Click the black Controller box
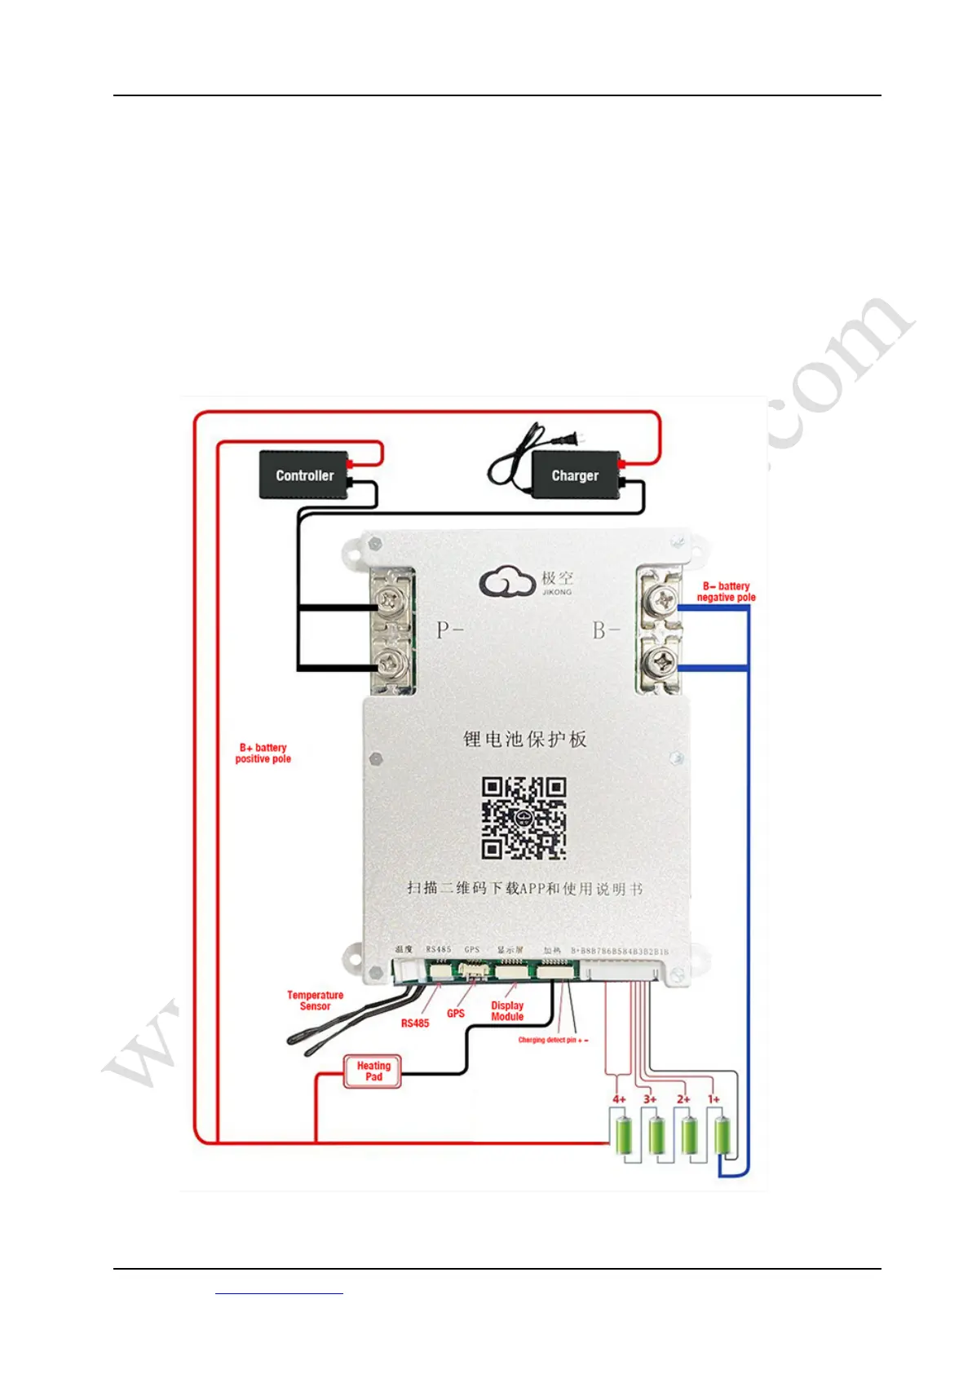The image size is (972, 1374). pyautogui.click(x=304, y=475)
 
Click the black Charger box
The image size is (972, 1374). pyautogui.click(x=575, y=475)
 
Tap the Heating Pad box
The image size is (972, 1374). pyautogui.click(x=373, y=1071)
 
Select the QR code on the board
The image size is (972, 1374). pyautogui.click(x=524, y=818)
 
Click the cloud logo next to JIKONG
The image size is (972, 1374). pyautogui.click(x=506, y=582)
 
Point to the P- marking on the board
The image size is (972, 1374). pyautogui.click(x=449, y=630)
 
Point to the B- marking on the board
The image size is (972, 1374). pyautogui.click(x=606, y=630)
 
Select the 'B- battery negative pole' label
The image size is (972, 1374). pyautogui.click(x=726, y=591)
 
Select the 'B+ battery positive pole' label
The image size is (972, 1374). pyautogui.click(x=263, y=753)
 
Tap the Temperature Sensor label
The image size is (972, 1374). pyautogui.click(x=315, y=1001)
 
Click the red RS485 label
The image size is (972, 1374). pyautogui.click(x=415, y=1023)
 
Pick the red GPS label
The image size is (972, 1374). pyautogui.click(x=456, y=1014)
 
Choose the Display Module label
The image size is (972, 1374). pyautogui.click(x=507, y=1011)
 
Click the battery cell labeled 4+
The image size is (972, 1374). pyautogui.click(x=624, y=1135)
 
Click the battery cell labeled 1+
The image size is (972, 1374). pyautogui.click(x=722, y=1135)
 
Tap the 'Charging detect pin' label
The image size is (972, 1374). pyautogui.click(x=553, y=1040)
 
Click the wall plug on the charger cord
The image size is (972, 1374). pyautogui.click(x=578, y=440)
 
